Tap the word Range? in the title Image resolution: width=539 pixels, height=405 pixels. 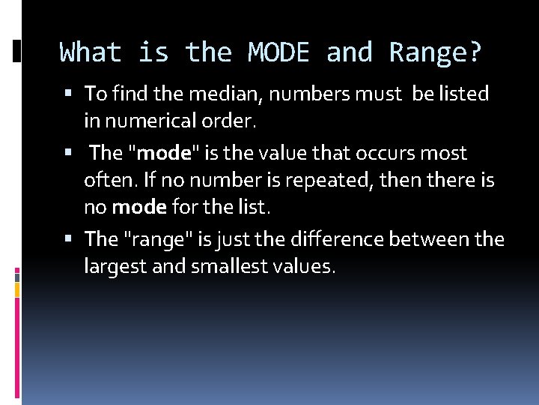pyautogui.click(x=436, y=52)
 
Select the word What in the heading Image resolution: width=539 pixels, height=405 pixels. pyautogui.click(x=91, y=52)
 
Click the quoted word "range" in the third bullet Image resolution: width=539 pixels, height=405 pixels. pyautogui.click(x=158, y=238)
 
